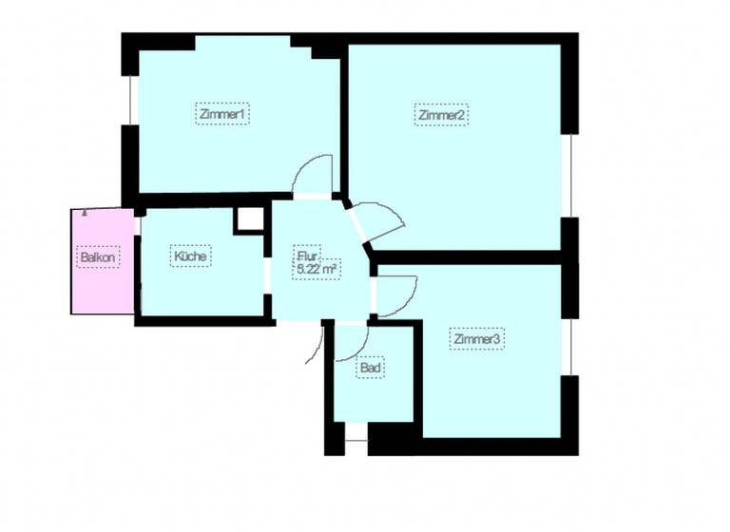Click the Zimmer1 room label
pyautogui.click(x=224, y=114)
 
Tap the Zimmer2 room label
pyautogui.click(x=442, y=115)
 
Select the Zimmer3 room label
pyautogui.click(x=477, y=339)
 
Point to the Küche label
pyautogui.click(x=190, y=256)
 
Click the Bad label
pyautogui.click(x=371, y=368)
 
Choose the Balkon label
pyautogui.click(x=98, y=257)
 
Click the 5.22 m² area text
pyautogui.click(x=318, y=270)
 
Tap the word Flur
pyautogui.click(x=305, y=256)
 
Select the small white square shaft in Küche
pyautogui.click(x=249, y=219)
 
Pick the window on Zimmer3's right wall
pyautogui.click(x=571, y=347)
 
